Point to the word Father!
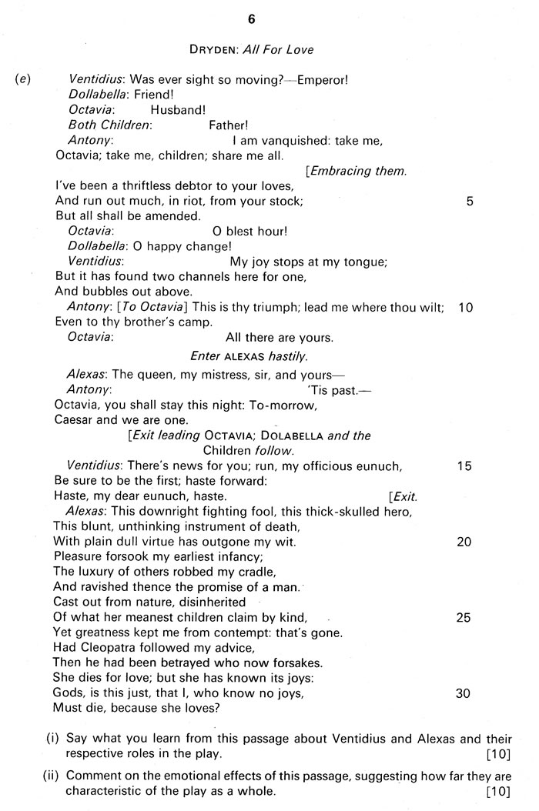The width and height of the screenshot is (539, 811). click(x=229, y=125)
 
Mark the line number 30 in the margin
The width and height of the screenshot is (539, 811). click(x=465, y=693)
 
